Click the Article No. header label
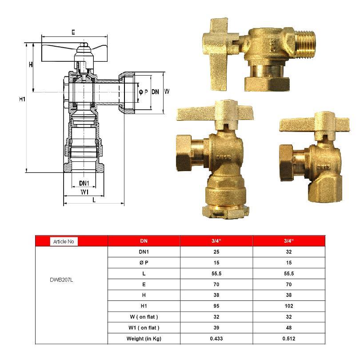point(64,241)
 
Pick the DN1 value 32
point(289,252)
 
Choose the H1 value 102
point(289,306)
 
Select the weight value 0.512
point(289,339)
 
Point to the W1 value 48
point(289,328)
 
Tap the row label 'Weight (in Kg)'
point(144,339)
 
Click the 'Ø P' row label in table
point(144,262)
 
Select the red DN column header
point(144,241)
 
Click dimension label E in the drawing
point(73,32)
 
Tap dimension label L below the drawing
point(94,200)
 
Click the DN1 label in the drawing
point(84,183)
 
